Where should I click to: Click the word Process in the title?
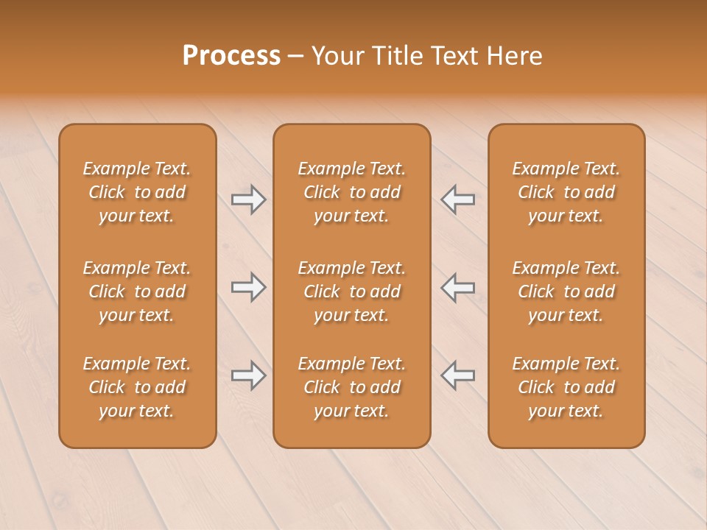point(231,56)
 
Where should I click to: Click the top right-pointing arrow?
point(249,199)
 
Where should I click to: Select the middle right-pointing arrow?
point(249,287)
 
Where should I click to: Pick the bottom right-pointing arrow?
point(249,375)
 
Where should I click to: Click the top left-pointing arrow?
point(457,199)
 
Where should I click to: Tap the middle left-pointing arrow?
point(457,287)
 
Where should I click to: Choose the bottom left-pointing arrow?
point(457,375)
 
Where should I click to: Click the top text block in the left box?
point(137,192)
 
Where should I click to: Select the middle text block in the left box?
point(137,291)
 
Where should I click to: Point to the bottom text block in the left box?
point(137,387)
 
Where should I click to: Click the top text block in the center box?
point(351,192)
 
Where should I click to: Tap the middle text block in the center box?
point(351,291)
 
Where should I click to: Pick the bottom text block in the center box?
point(351,387)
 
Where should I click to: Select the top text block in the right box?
point(566,192)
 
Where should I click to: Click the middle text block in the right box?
point(566,291)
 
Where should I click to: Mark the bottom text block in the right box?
point(566,387)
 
